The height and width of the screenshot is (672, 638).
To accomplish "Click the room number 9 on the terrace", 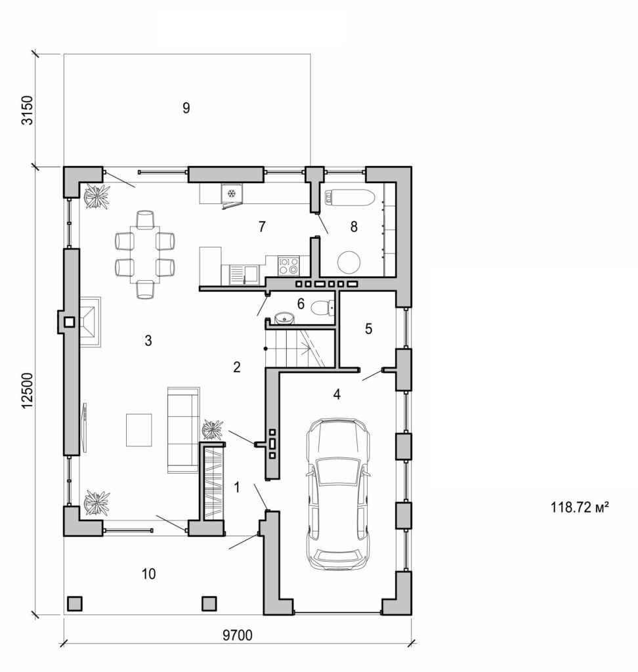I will click(x=186, y=108).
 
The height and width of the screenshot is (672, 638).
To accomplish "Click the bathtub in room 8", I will click(x=350, y=196).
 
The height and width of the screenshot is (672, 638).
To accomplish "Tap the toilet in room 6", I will click(x=322, y=308).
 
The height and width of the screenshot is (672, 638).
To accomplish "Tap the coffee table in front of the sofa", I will click(x=138, y=430).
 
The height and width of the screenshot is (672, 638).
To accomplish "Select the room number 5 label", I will click(x=368, y=329).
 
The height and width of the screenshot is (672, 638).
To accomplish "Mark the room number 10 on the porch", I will click(x=148, y=574).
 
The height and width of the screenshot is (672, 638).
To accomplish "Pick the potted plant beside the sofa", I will click(x=213, y=430).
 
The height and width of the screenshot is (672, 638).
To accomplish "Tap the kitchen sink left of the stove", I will click(x=244, y=272).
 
